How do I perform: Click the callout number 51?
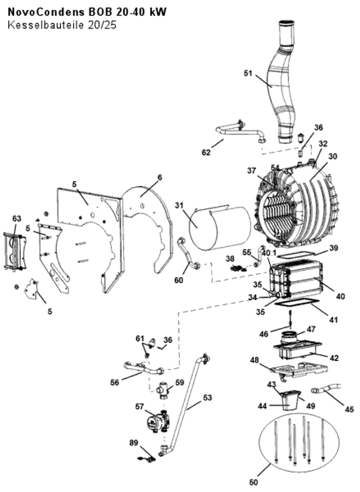tap(248, 73)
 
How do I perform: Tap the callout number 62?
tap(206, 152)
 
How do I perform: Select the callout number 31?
tap(179, 206)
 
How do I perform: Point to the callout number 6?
tap(160, 177)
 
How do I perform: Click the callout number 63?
tap(17, 218)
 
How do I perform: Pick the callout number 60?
tap(179, 280)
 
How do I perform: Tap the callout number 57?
tap(140, 407)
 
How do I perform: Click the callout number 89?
tap(134, 443)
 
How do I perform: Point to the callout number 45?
tap(350, 409)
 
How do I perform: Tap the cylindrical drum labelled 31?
tap(220, 229)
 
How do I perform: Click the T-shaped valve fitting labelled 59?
tap(162, 391)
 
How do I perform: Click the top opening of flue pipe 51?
tap(287, 22)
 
